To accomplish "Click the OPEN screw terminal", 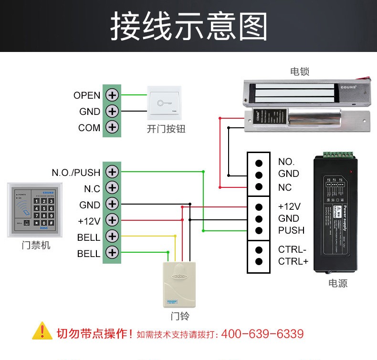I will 112,95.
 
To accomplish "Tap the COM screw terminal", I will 112,127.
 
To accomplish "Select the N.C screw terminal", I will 112,188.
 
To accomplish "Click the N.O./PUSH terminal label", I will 76,172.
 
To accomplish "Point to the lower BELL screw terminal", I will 112,253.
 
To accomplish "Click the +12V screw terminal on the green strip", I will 112,220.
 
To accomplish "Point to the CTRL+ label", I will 293,261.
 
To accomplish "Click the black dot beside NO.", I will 259,162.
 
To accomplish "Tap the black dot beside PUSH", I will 259,231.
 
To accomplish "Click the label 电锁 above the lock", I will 300,72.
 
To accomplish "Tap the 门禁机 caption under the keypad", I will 36,246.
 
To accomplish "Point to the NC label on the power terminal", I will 285,187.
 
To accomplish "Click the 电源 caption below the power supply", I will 338,283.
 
